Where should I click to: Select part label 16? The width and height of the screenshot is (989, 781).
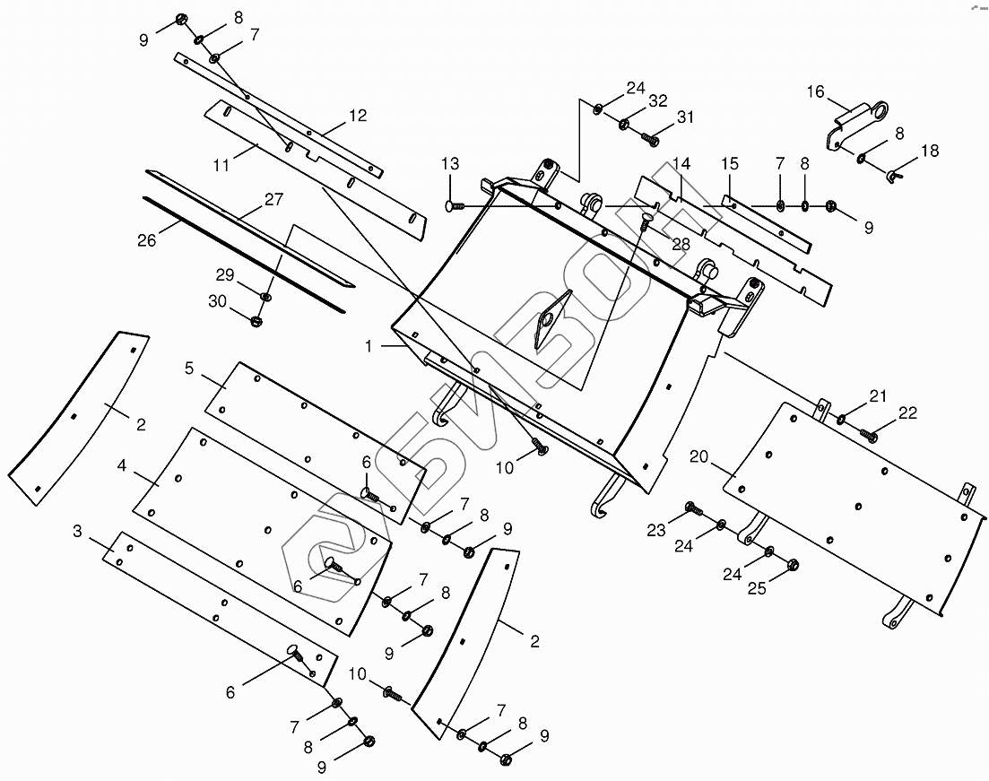point(814,92)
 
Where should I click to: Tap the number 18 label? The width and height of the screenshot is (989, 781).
point(930,151)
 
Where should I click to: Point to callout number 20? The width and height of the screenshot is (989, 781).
point(699,456)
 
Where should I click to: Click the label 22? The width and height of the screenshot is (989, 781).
point(907,412)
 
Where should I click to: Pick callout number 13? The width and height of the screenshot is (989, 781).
point(449,163)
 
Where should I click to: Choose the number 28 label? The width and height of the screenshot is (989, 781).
point(682,245)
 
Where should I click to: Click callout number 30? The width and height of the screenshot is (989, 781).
point(218,302)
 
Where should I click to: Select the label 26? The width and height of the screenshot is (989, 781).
point(147,240)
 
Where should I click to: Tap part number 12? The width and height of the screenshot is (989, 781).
point(358,116)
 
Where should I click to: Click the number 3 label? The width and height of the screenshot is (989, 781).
point(78,532)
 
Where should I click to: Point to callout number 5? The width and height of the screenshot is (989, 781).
point(189,368)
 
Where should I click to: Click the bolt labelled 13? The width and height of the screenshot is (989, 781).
point(453,206)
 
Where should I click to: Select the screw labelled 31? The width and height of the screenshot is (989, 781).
point(650,139)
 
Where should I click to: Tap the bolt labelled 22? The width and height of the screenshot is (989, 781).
point(867,435)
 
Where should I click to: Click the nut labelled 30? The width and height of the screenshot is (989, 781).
point(256,320)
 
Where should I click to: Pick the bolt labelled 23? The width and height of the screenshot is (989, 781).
point(690,508)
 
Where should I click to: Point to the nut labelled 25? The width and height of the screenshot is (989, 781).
point(793,565)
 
